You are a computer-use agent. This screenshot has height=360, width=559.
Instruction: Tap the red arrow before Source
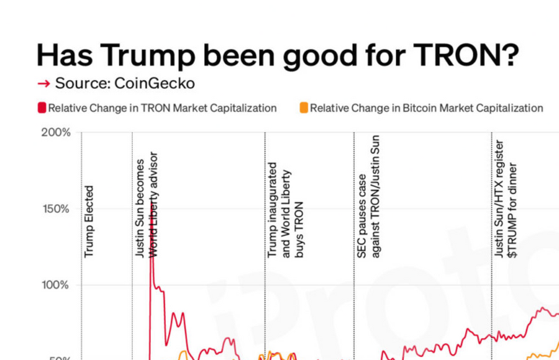(x=43, y=84)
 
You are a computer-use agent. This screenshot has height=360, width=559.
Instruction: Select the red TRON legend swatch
(x=42, y=108)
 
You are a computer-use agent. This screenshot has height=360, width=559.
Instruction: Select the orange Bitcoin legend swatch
(x=304, y=108)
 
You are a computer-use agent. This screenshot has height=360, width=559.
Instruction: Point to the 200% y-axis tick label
(x=57, y=133)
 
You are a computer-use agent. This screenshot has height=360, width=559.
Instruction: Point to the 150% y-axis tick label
(x=57, y=209)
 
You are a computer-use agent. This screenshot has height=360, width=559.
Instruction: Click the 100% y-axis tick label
(x=57, y=286)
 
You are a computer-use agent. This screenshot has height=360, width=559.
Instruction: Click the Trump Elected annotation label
(x=89, y=221)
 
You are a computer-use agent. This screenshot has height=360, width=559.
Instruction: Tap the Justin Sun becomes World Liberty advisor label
(x=147, y=205)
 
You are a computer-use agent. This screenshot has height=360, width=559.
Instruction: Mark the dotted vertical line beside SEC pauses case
(x=354, y=279)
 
